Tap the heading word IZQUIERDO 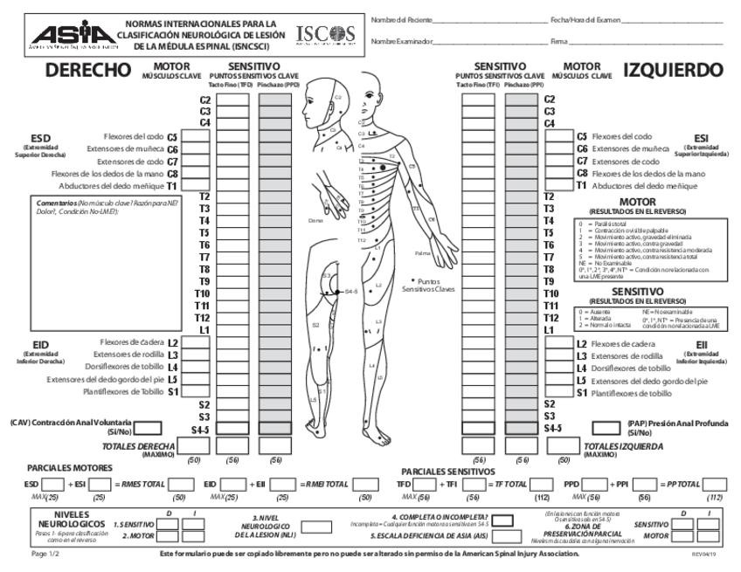(674, 71)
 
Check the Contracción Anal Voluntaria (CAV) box (149, 428)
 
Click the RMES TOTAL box (182, 484)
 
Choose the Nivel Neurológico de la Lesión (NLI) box (315, 527)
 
